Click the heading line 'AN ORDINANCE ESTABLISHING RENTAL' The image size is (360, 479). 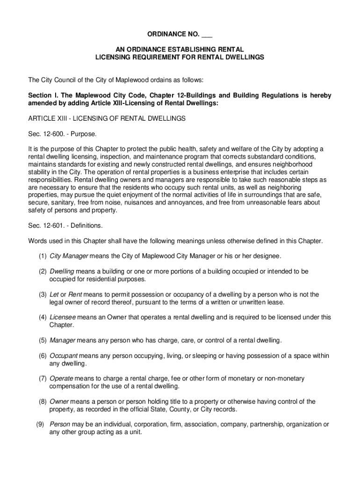pos(180,49)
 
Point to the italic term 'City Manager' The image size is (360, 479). pos(65,256)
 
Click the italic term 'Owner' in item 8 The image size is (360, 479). pos(59,401)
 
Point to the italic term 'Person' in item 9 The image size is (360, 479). pos(60,425)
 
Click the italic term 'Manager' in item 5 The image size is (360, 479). pos(62,340)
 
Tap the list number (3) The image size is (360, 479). pos(43,295)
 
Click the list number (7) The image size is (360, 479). pos(43,378)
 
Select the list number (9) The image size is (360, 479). pos(40,425)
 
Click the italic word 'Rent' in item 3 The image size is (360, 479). pos(75,295)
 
